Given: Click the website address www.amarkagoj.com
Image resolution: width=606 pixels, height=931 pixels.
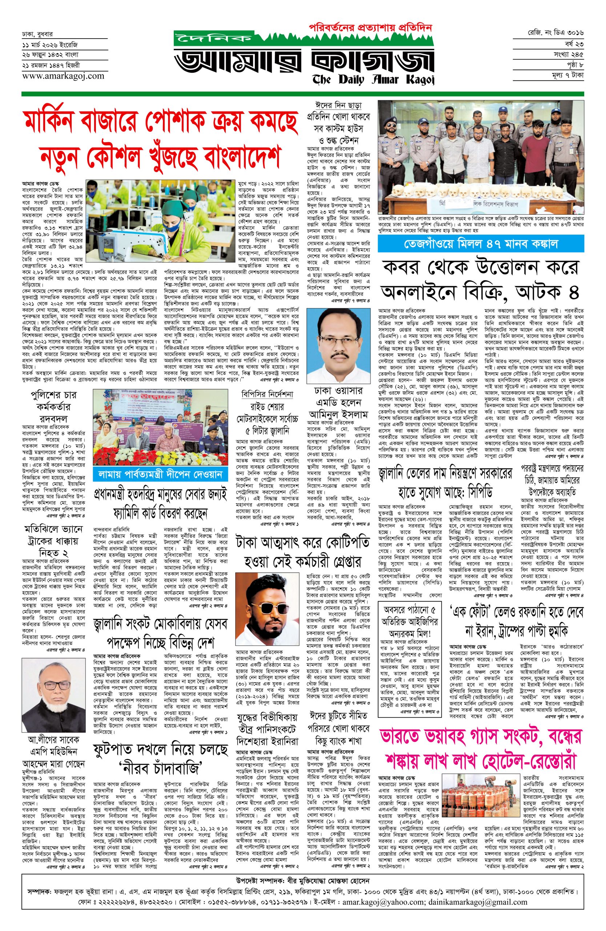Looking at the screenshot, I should pos(63,76).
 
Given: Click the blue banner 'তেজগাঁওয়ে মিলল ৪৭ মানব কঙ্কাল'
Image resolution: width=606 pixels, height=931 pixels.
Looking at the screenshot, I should pos(481,244).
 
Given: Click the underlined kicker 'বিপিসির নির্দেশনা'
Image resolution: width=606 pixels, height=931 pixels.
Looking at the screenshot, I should pos(267,394).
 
